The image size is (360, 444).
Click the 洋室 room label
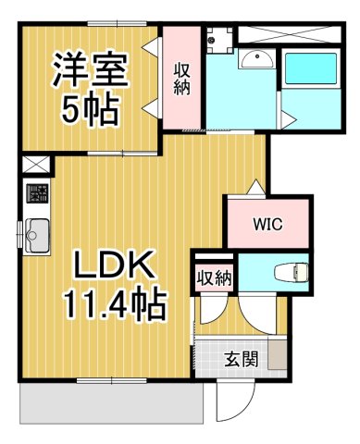90,71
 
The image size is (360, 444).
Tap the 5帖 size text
90,109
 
